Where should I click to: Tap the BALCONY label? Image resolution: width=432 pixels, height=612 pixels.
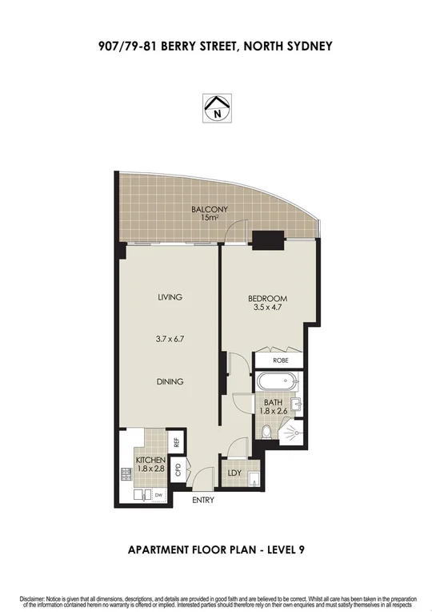coord(209,210)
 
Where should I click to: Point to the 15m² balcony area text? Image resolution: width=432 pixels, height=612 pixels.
coord(209,220)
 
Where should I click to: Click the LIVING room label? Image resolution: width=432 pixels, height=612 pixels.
coord(170,297)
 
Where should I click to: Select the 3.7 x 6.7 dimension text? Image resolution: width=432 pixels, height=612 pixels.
coord(170,340)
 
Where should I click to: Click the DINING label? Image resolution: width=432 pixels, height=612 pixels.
coord(170,382)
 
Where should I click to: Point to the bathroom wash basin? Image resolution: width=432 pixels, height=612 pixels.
coord(297,405)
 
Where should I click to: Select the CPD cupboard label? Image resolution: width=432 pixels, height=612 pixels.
coord(178,470)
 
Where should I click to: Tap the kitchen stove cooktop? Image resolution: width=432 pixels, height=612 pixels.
coord(126,475)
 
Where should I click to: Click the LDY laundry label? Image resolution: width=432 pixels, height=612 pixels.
coord(234,474)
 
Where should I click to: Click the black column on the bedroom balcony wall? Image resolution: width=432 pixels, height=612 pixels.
coord(266,238)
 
